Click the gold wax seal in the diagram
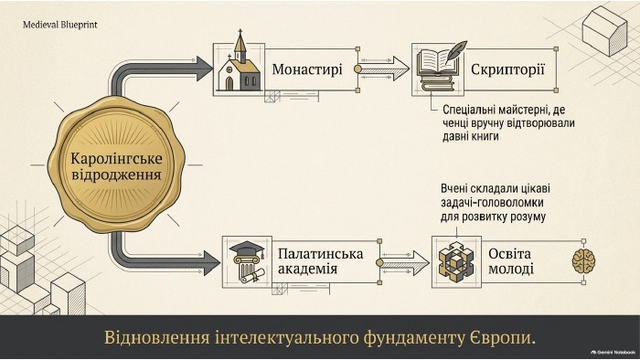(x=116, y=165)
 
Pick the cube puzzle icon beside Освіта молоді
(x=456, y=261)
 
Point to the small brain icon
(x=583, y=261)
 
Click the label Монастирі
(x=307, y=69)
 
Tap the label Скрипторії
(x=507, y=69)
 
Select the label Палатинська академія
(x=320, y=261)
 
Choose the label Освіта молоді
(x=510, y=261)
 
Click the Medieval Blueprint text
(x=60, y=25)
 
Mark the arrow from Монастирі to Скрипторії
(x=385, y=69)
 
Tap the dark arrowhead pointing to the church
(x=205, y=69)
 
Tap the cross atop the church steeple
(x=240, y=32)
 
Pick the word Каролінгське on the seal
(x=116, y=158)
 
